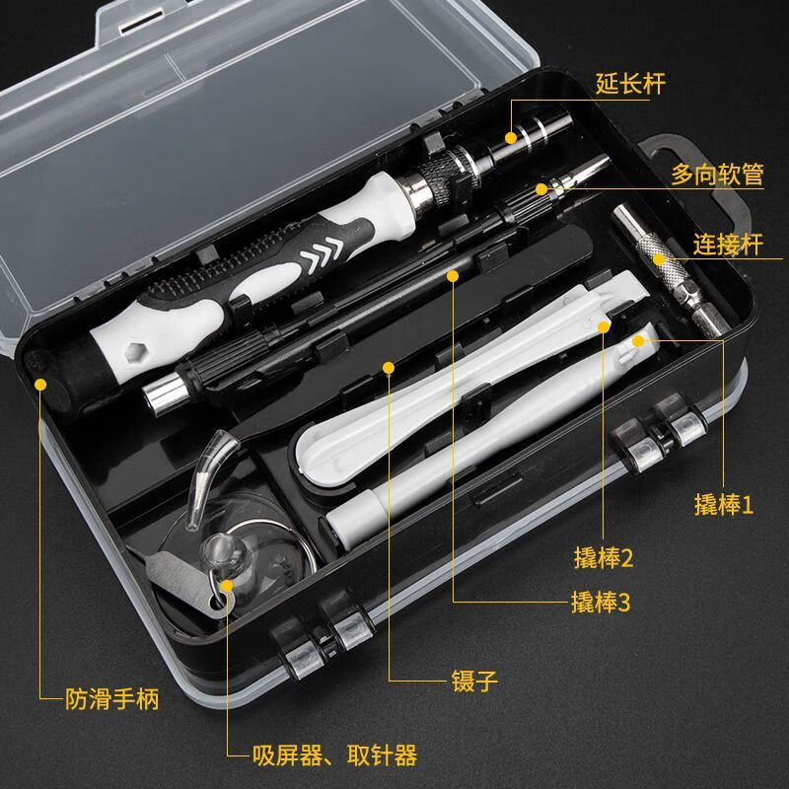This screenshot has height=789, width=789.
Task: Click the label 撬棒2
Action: [603, 558]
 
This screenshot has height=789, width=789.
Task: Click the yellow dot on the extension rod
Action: [512, 137]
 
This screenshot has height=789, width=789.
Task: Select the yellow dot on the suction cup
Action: [228, 586]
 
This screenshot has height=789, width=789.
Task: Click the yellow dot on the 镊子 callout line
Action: [389, 369]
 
